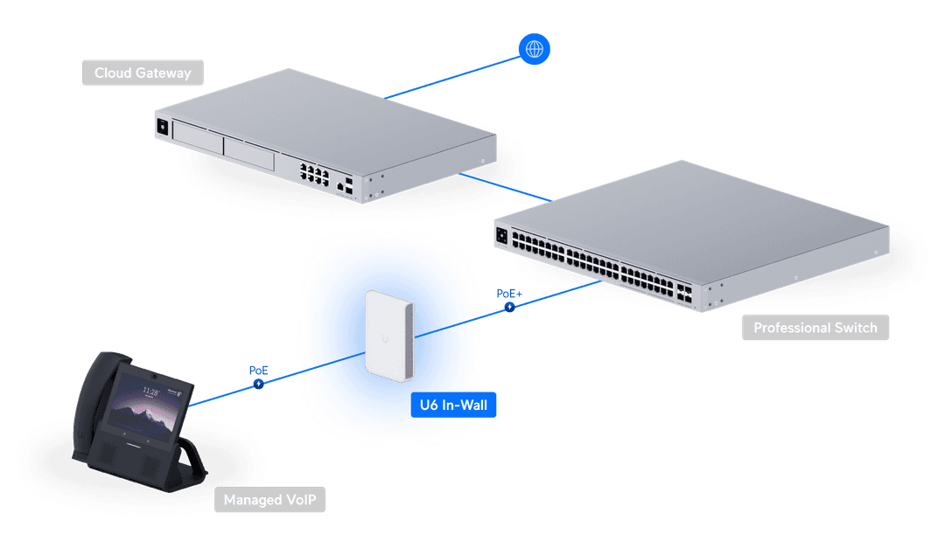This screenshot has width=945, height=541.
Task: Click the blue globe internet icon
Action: click(x=534, y=49)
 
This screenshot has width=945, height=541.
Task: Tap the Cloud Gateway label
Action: click(x=143, y=73)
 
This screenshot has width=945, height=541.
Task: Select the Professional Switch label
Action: click(x=815, y=328)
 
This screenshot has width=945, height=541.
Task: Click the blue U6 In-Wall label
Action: click(x=453, y=405)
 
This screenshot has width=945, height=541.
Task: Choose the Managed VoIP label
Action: click(x=270, y=499)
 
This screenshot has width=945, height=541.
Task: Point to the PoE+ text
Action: click(x=509, y=294)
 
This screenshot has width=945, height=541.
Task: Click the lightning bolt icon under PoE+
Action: click(x=510, y=307)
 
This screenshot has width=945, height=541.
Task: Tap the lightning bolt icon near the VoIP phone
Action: click(x=258, y=384)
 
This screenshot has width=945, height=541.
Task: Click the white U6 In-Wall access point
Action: click(x=389, y=336)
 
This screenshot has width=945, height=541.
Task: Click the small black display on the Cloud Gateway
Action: click(x=163, y=127)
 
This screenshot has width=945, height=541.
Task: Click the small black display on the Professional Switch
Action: click(x=502, y=235)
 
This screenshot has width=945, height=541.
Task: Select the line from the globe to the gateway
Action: click(x=452, y=78)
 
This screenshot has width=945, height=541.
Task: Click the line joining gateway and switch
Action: click(x=505, y=187)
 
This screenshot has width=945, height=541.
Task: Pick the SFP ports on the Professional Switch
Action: click(x=684, y=293)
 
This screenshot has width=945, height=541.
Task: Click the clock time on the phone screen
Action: click(x=150, y=392)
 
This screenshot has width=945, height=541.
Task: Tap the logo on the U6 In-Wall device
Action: click(x=386, y=339)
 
